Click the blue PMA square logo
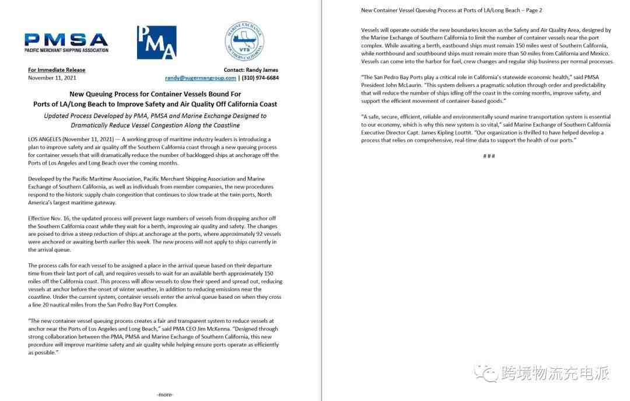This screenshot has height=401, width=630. pyautogui.click(x=156, y=42)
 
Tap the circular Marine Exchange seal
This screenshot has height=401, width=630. pyautogui.click(x=244, y=42)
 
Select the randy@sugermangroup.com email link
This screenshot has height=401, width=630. pyautogui.click(x=200, y=78)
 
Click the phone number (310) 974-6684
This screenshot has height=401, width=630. pyautogui.click(x=260, y=78)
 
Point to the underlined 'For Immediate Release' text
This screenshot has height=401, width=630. pyautogui.click(x=57, y=70)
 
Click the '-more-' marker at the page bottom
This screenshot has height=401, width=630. pyautogui.click(x=165, y=395)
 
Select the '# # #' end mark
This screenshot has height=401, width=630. pyautogui.click(x=489, y=155)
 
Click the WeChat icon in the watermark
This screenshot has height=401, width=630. pyautogui.click(x=482, y=372)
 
